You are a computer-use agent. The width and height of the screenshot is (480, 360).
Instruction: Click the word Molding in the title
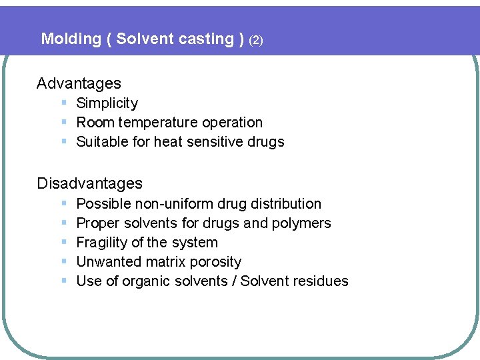(x=71, y=39)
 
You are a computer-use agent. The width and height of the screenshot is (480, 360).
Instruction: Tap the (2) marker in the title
(x=256, y=40)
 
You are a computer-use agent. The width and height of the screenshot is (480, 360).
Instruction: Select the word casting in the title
(x=206, y=39)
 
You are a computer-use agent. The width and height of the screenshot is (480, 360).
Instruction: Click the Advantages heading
(x=79, y=83)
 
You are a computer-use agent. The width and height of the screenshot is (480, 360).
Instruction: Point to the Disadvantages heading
(x=89, y=183)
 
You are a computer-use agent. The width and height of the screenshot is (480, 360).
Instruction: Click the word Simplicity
(x=107, y=103)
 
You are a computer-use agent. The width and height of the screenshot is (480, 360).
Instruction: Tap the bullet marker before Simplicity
(x=63, y=103)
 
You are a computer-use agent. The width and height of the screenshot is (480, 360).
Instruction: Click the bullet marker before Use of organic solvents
(x=63, y=281)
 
